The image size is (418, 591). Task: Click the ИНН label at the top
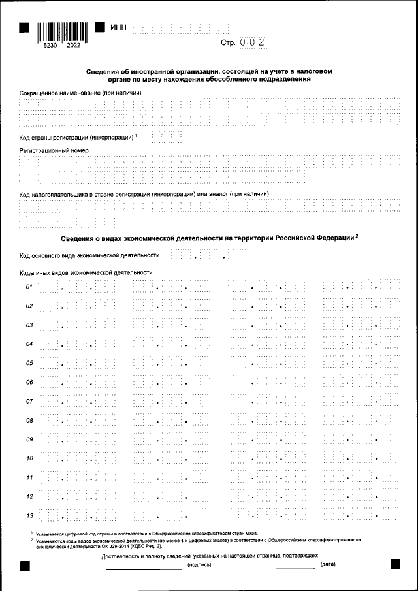click(120, 27)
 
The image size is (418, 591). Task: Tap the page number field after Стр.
click(253, 42)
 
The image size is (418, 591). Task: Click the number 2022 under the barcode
click(74, 46)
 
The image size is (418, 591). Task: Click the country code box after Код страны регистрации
click(166, 137)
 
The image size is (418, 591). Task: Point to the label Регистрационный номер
click(54, 150)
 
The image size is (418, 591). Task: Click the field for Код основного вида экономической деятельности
click(209, 255)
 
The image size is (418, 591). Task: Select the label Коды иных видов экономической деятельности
click(86, 272)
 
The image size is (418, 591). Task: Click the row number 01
click(29, 287)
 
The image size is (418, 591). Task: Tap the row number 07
click(29, 401)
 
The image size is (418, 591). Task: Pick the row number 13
click(29, 516)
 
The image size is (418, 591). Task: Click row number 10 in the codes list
click(29, 458)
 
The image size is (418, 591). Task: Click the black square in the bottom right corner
click(394, 564)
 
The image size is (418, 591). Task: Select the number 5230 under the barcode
click(42, 46)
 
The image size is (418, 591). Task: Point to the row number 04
click(29, 344)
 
